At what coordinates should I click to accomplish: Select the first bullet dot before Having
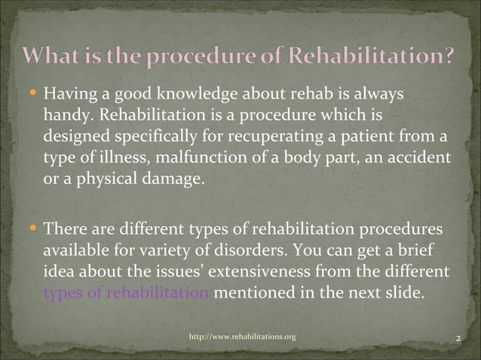tap(35, 95)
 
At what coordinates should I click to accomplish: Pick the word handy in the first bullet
tap(64, 115)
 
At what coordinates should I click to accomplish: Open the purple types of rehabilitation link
tap(126, 289)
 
